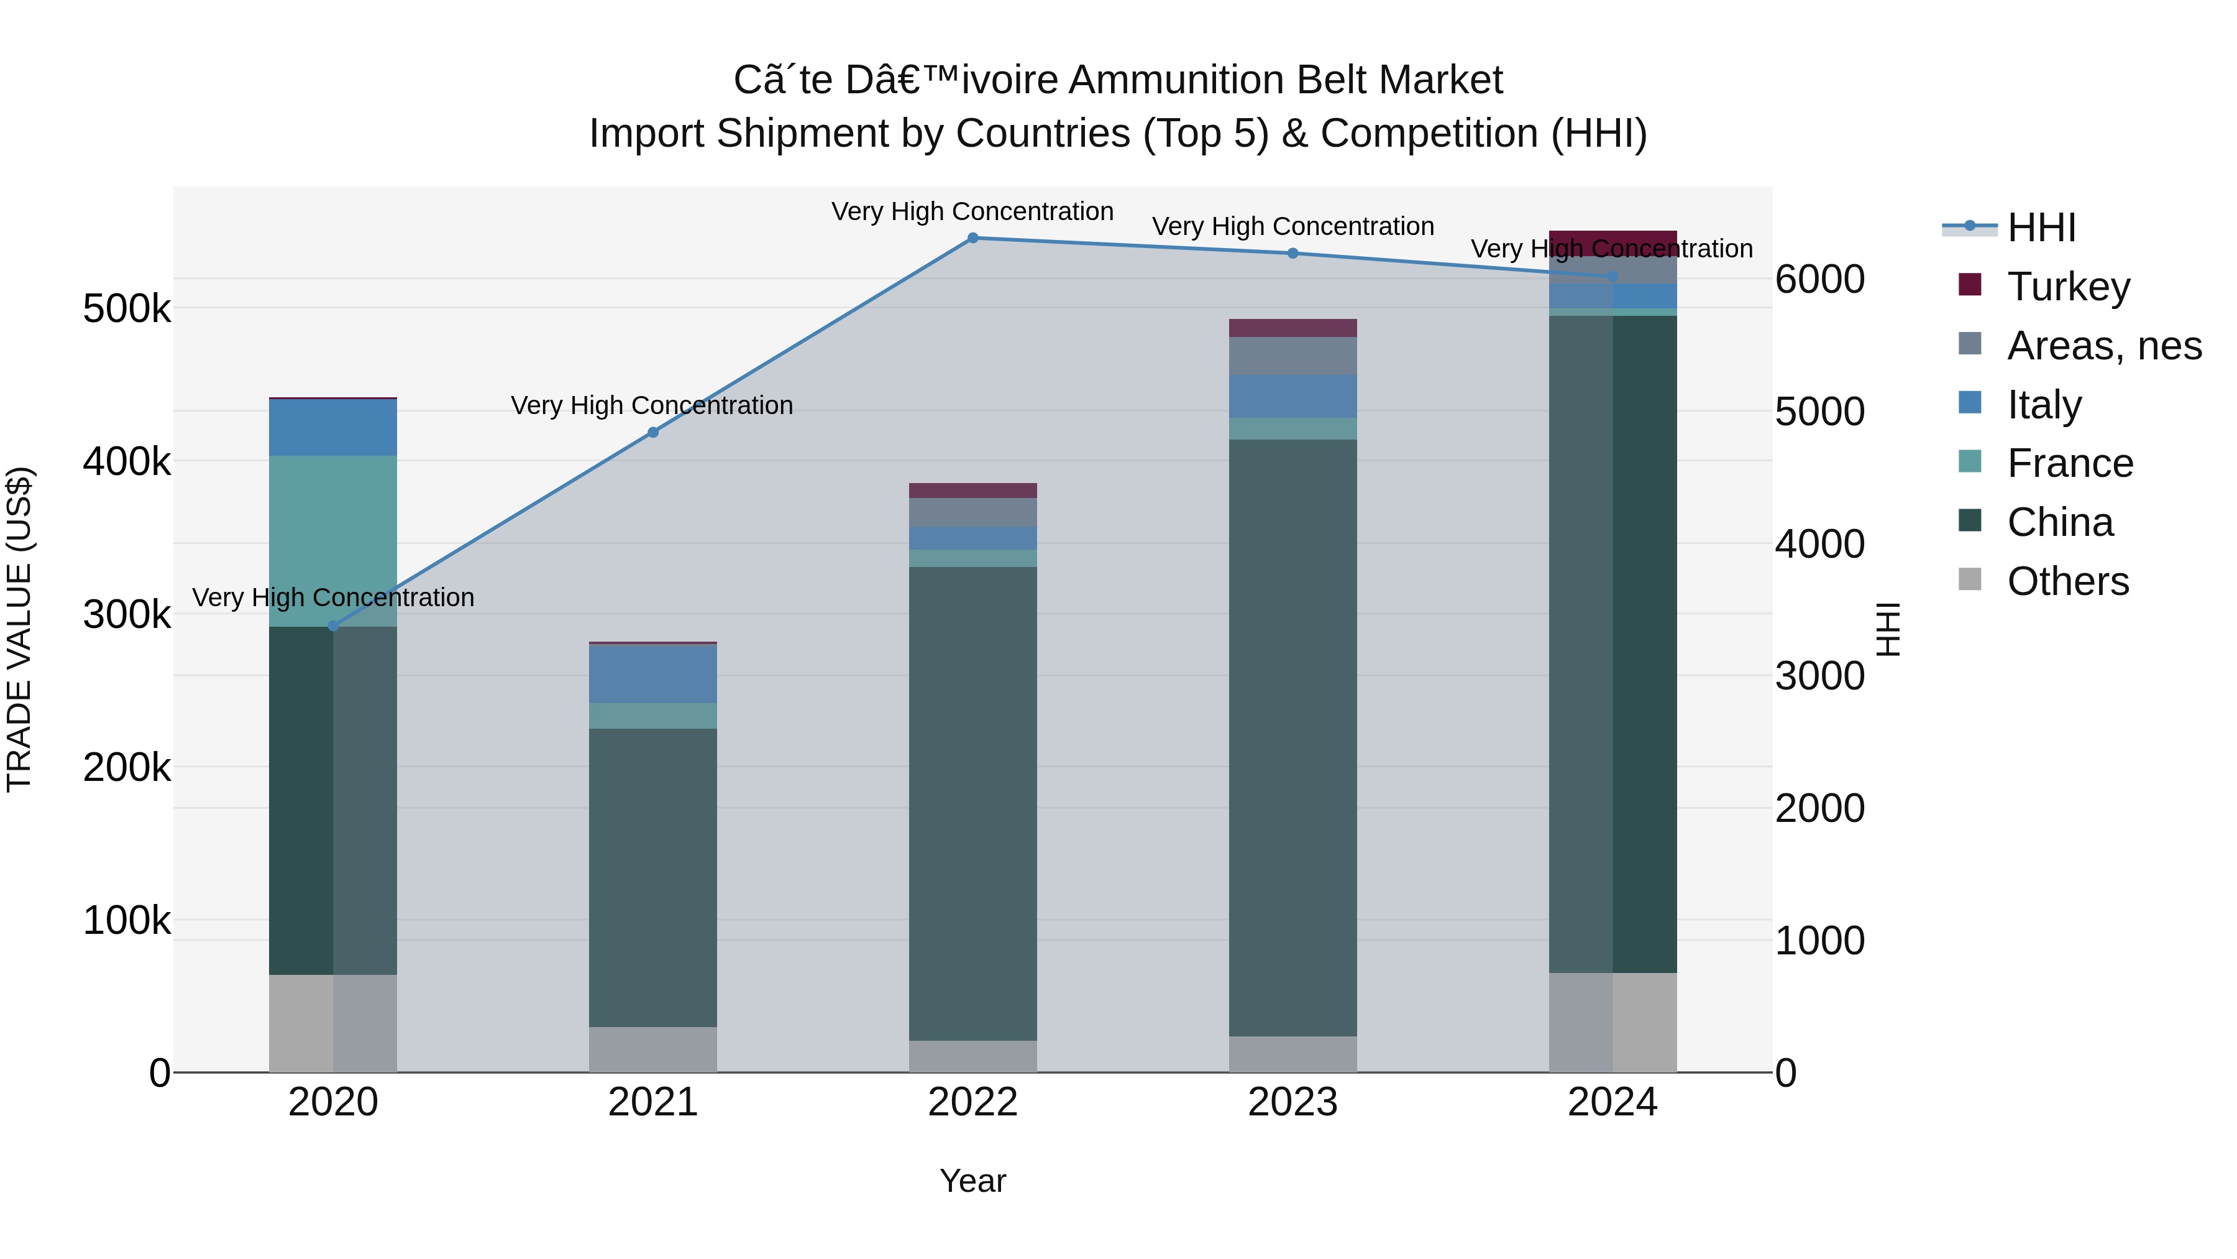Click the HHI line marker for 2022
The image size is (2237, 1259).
click(972, 238)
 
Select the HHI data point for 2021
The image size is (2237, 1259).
click(653, 433)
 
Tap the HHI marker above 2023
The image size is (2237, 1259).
click(1292, 254)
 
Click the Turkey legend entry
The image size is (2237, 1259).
click(2069, 287)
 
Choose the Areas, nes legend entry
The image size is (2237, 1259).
click(2104, 346)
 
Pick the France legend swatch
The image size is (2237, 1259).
click(1970, 461)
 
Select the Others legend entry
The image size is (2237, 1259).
click(2067, 581)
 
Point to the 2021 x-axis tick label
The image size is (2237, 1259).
click(653, 1102)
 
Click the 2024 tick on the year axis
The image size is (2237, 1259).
click(1613, 1102)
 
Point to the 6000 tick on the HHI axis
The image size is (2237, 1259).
click(1819, 280)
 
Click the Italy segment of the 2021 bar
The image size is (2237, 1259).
click(653, 673)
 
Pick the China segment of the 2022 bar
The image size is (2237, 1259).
click(972, 804)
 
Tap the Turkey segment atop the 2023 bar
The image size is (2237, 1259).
click(1292, 328)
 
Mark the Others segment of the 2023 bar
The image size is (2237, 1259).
click(1292, 1054)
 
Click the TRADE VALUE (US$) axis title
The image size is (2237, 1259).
click(19, 629)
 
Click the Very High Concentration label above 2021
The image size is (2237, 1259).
click(652, 406)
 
